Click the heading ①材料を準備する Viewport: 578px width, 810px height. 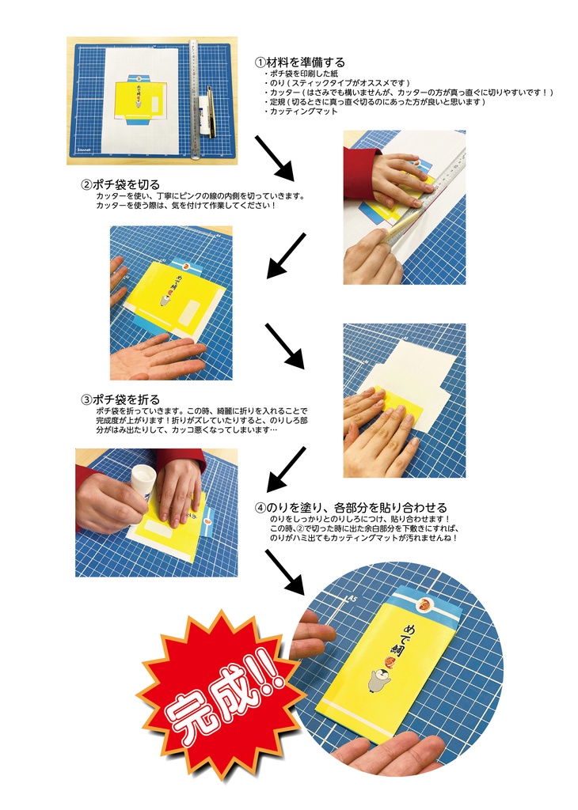299,62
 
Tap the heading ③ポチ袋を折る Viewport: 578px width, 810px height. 120,399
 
